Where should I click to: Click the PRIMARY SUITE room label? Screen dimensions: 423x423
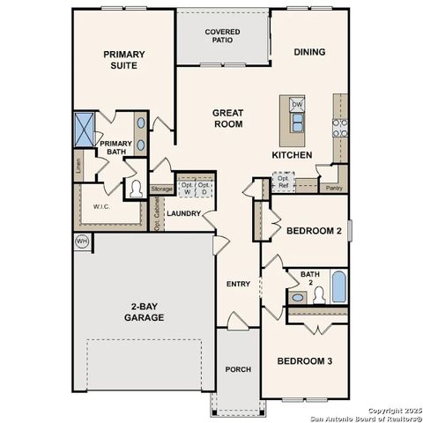[x=123, y=59]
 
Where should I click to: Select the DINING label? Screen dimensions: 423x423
[x=308, y=52]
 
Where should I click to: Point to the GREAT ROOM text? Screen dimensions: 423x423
[x=228, y=118]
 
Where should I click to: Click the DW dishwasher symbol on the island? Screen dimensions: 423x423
[x=297, y=105]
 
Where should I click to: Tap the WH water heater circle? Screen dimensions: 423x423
[x=81, y=241]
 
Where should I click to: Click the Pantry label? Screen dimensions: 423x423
[x=333, y=188]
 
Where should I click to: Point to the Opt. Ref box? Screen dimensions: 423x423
[x=283, y=182]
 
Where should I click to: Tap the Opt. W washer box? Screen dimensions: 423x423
[x=187, y=188]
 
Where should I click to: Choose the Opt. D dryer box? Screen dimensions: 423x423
[x=204, y=188]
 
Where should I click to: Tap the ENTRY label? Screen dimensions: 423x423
[x=238, y=284]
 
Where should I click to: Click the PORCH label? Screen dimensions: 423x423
[x=238, y=369]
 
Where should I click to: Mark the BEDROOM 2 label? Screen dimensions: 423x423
[x=313, y=231]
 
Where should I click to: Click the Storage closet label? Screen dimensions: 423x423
[x=161, y=189]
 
